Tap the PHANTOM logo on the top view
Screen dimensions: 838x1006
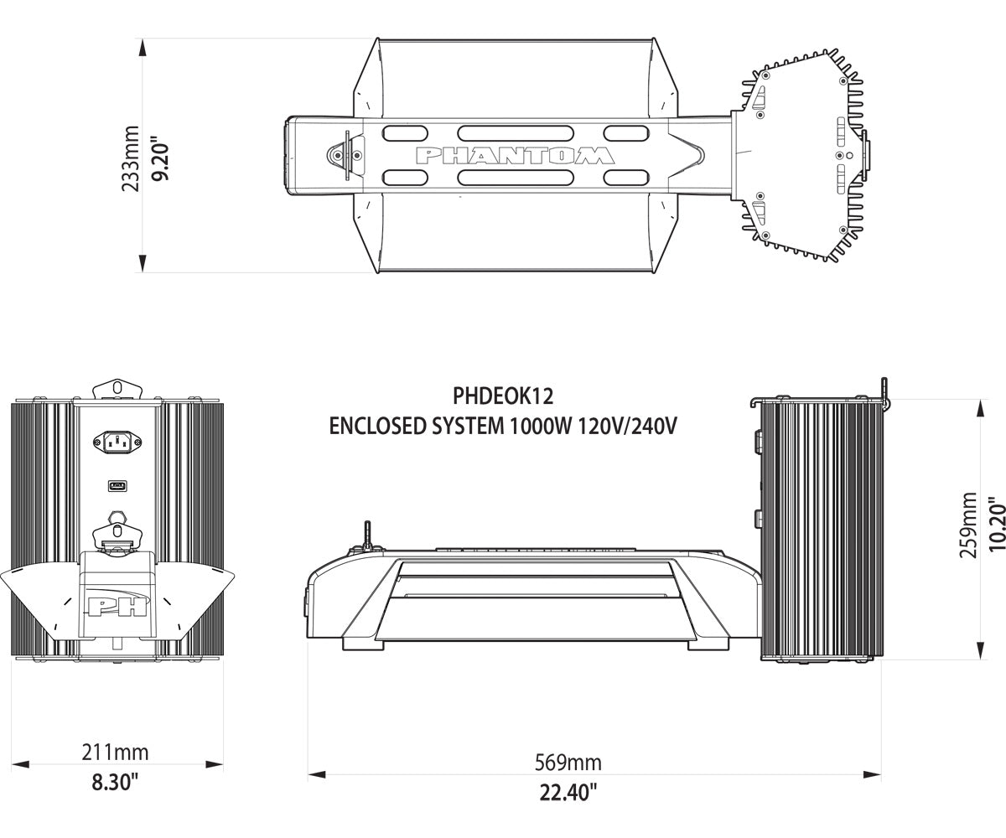[x=515, y=156]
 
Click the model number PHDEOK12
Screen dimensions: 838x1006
[x=502, y=394]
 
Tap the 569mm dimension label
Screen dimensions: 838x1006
[x=568, y=763]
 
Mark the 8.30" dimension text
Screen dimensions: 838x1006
[x=115, y=783]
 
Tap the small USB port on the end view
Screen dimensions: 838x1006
[x=116, y=485]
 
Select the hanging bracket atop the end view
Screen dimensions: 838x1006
[x=117, y=388]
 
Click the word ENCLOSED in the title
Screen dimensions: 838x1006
[x=373, y=425]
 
